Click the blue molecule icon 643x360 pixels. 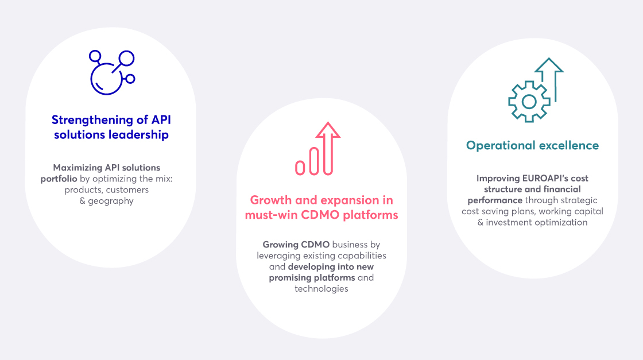coord(107,79)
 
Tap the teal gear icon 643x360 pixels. coord(529,102)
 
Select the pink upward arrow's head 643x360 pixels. coord(328,130)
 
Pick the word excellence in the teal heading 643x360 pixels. coord(569,145)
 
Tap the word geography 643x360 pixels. coord(111,201)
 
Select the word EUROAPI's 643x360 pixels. coord(544,179)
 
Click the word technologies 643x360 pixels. coord(321,289)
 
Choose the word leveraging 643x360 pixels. coord(279,256)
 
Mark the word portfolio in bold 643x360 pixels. coord(59,179)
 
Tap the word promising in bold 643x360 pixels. coord(290,278)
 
